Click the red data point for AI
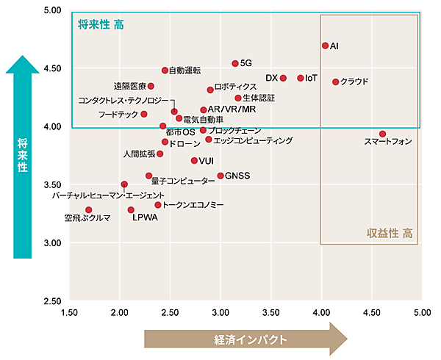[x=325, y=46]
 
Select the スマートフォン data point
[x=382, y=134]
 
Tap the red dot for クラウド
[x=335, y=82]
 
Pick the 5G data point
[x=235, y=64]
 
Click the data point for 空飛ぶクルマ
[x=89, y=210]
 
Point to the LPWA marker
[x=131, y=210]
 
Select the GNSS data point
[x=220, y=176]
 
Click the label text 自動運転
[x=185, y=71]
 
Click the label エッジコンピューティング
[x=253, y=140]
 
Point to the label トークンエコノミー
[x=193, y=205]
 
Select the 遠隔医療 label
[x=129, y=86]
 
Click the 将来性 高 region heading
[x=101, y=25]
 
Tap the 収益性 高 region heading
[x=390, y=234]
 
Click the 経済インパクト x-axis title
[x=245, y=339]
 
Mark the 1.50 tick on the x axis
[x=70, y=312]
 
